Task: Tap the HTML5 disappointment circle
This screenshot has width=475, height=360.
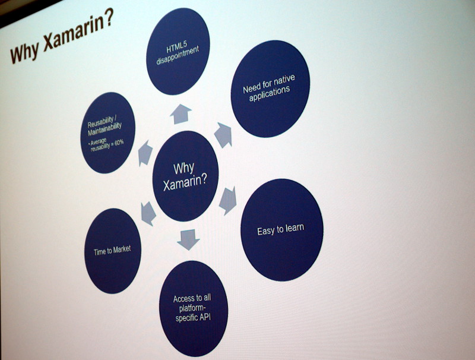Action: coord(178,51)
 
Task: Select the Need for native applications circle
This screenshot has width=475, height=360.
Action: coord(271,89)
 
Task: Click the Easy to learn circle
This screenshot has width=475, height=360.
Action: coord(282,230)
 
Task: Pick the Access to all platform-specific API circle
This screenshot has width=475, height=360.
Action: coord(194,308)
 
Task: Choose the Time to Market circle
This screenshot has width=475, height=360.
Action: coord(113,251)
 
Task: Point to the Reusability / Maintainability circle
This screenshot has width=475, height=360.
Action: coord(108,132)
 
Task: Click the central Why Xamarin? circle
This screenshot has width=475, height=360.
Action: coord(185,176)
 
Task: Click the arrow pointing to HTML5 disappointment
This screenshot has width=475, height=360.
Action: coord(181,113)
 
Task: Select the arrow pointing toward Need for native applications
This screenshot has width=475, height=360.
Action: coord(224,135)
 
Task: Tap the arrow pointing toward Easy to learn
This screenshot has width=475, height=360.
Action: coord(228,201)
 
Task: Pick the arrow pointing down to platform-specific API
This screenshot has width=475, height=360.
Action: coord(188,239)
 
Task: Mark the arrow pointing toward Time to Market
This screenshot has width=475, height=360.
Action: coord(148,213)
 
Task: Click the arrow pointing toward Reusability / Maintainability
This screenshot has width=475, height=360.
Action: coord(145,153)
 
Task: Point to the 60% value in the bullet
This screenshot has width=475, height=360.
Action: coord(119,143)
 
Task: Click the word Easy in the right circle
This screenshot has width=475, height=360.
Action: coord(264,232)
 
